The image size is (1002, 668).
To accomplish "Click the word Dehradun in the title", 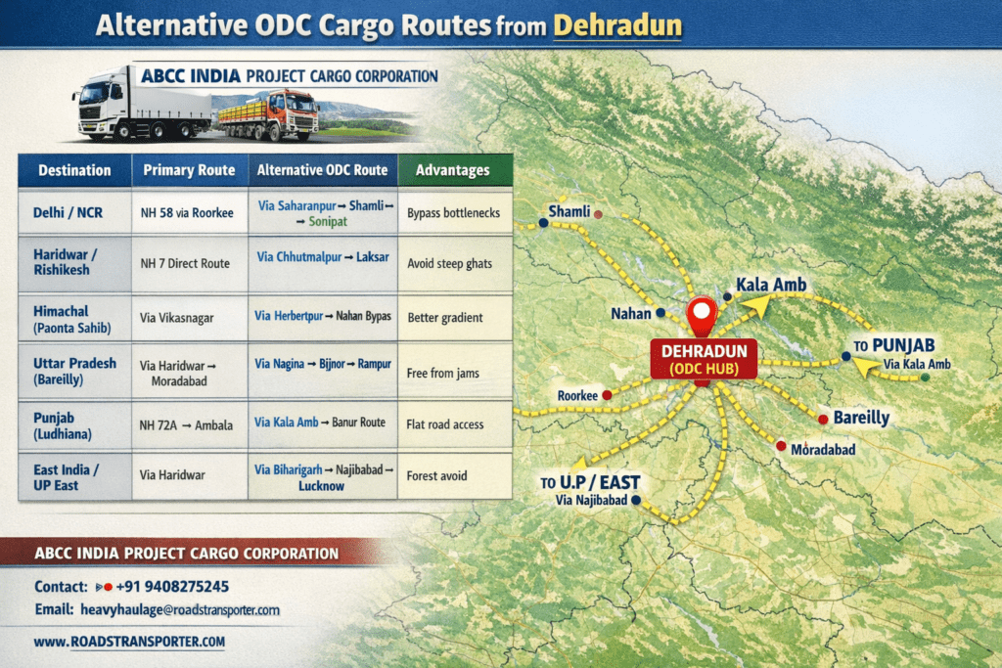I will pyautogui.click(x=617, y=24).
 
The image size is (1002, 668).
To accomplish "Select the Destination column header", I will pyautogui.click(x=74, y=170).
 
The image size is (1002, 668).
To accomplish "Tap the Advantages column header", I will pyautogui.click(x=452, y=170).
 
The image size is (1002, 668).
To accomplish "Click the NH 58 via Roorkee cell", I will pyautogui.click(x=187, y=212).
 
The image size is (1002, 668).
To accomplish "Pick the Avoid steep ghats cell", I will pyautogui.click(x=449, y=263).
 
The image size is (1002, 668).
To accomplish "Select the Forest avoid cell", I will pyautogui.click(x=436, y=476).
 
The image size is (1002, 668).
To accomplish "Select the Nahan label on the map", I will pyautogui.click(x=630, y=313).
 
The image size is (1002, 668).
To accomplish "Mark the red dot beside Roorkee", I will pyautogui.click(x=607, y=395).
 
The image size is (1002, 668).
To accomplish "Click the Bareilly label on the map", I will pyautogui.click(x=861, y=418).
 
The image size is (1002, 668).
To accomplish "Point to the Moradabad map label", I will pyautogui.click(x=823, y=449).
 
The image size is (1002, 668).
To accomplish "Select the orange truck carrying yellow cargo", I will pyautogui.click(x=269, y=114).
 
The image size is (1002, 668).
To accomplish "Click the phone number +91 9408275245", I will pyautogui.click(x=172, y=587).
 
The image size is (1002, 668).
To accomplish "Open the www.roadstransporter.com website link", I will pyautogui.click(x=129, y=642).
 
